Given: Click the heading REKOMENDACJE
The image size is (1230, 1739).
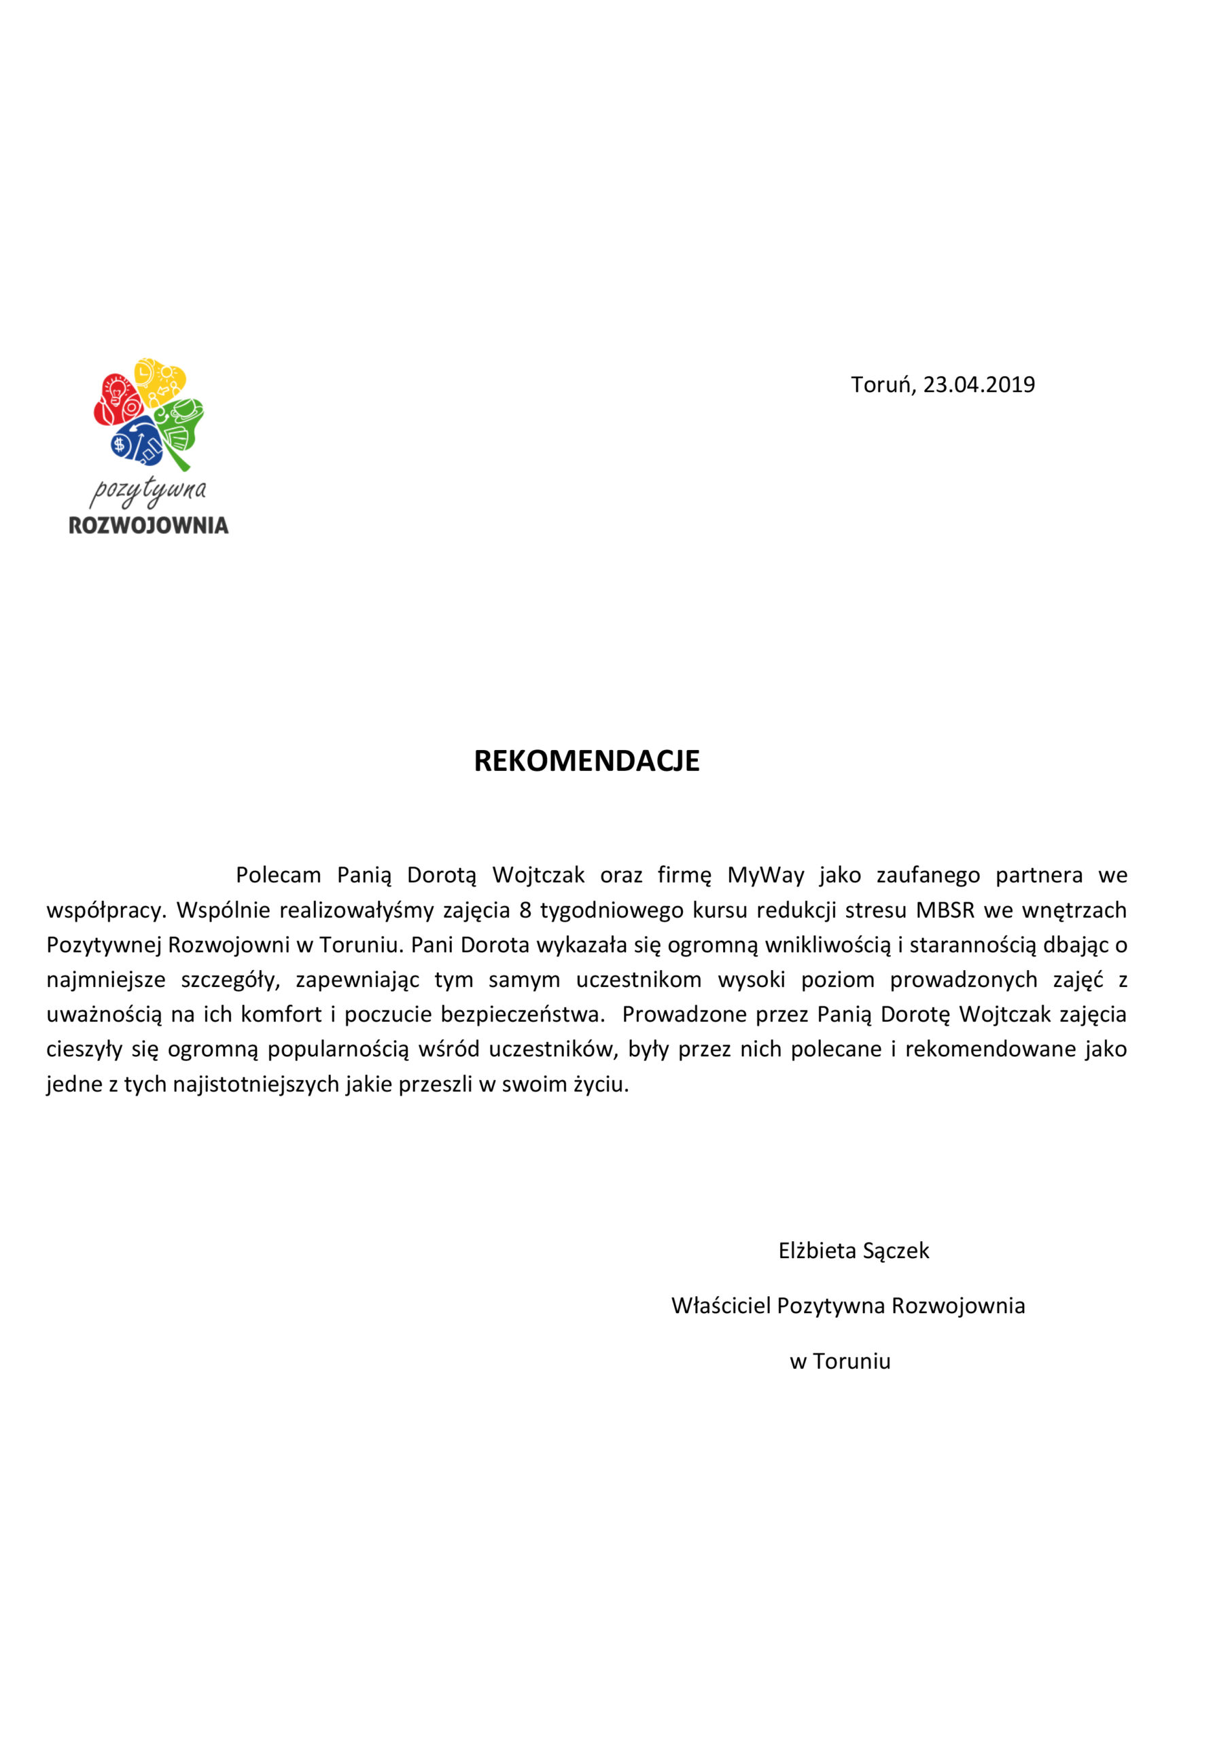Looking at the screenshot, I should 586,760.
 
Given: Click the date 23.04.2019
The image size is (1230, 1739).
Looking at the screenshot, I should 979,384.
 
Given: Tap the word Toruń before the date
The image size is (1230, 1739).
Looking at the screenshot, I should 881,384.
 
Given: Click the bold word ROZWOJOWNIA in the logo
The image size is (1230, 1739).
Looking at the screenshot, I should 149,526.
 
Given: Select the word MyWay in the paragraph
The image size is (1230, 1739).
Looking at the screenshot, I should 765,876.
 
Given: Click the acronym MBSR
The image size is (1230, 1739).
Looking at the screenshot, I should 945,910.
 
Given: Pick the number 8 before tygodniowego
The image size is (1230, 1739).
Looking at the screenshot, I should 525,910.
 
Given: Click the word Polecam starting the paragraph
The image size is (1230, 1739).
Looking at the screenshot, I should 278,876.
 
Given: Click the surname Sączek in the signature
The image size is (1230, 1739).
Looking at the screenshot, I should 896,1251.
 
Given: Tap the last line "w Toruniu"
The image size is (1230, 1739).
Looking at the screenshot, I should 840,1361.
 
